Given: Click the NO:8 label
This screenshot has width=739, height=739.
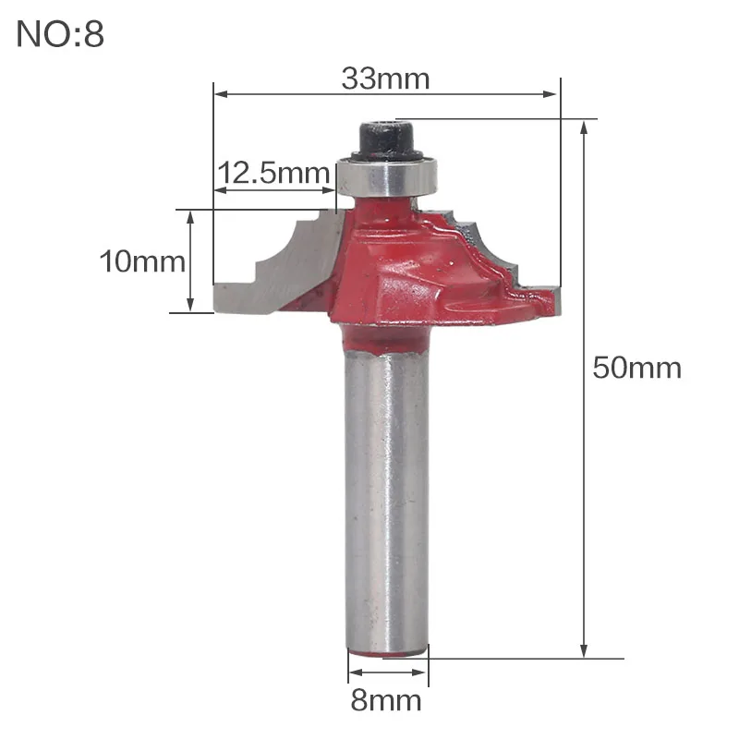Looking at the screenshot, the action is [x=60, y=34].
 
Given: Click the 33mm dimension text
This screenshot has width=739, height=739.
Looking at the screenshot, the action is [x=385, y=79].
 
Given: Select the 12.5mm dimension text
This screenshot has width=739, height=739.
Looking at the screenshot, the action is [x=273, y=173].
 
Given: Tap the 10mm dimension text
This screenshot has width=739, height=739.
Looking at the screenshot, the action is [x=142, y=261].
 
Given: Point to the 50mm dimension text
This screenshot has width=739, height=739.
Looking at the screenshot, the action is [x=637, y=368].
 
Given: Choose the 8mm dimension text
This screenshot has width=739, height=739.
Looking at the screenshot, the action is [x=386, y=700].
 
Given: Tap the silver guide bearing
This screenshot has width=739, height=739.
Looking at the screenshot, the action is [x=386, y=177].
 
